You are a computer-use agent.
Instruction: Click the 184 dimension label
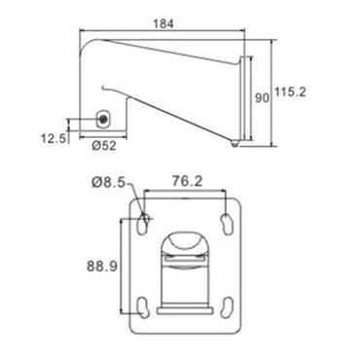pos(163,23)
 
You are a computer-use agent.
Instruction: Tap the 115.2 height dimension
pos(290,92)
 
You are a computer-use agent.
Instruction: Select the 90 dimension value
pos(262,98)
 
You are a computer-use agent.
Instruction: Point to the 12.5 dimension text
pos(54,138)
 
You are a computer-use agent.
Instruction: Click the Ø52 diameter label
pos(104,146)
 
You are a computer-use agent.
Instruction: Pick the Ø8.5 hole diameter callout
pos(108,183)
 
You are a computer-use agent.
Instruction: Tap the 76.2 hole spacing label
pos(187,182)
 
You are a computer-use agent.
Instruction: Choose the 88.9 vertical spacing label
pos(102,267)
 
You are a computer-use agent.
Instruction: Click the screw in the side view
pos(103,120)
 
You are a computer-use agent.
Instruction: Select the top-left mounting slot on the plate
pos(143,225)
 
